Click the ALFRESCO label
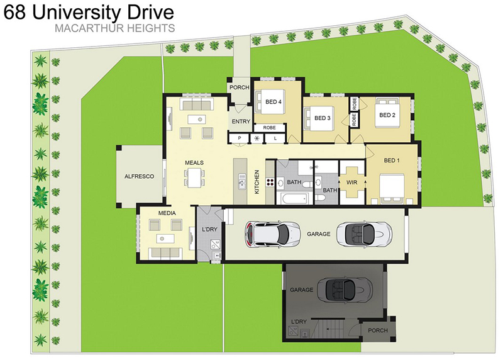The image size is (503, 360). (x=139, y=176)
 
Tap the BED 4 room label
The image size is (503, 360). (x=274, y=102)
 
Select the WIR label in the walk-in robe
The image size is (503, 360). (x=351, y=183)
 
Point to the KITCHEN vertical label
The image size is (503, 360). (x=257, y=182)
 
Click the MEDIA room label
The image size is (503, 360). (x=167, y=213)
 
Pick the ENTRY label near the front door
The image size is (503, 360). (x=241, y=121)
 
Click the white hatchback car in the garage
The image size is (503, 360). (x=272, y=233)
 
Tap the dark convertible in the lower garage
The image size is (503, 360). (x=345, y=290)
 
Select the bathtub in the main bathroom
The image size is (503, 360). (x=294, y=198)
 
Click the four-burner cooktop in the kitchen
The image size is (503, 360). (x=270, y=183)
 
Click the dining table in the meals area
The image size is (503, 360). (x=194, y=178)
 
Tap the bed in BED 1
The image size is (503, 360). (x=391, y=189)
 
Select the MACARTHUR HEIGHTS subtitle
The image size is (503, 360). (x=115, y=28)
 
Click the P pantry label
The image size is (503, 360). (x=240, y=138)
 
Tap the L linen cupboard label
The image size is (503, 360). (x=275, y=138)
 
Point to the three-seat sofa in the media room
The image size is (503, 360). (x=165, y=253)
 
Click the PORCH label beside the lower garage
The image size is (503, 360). (x=378, y=330)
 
